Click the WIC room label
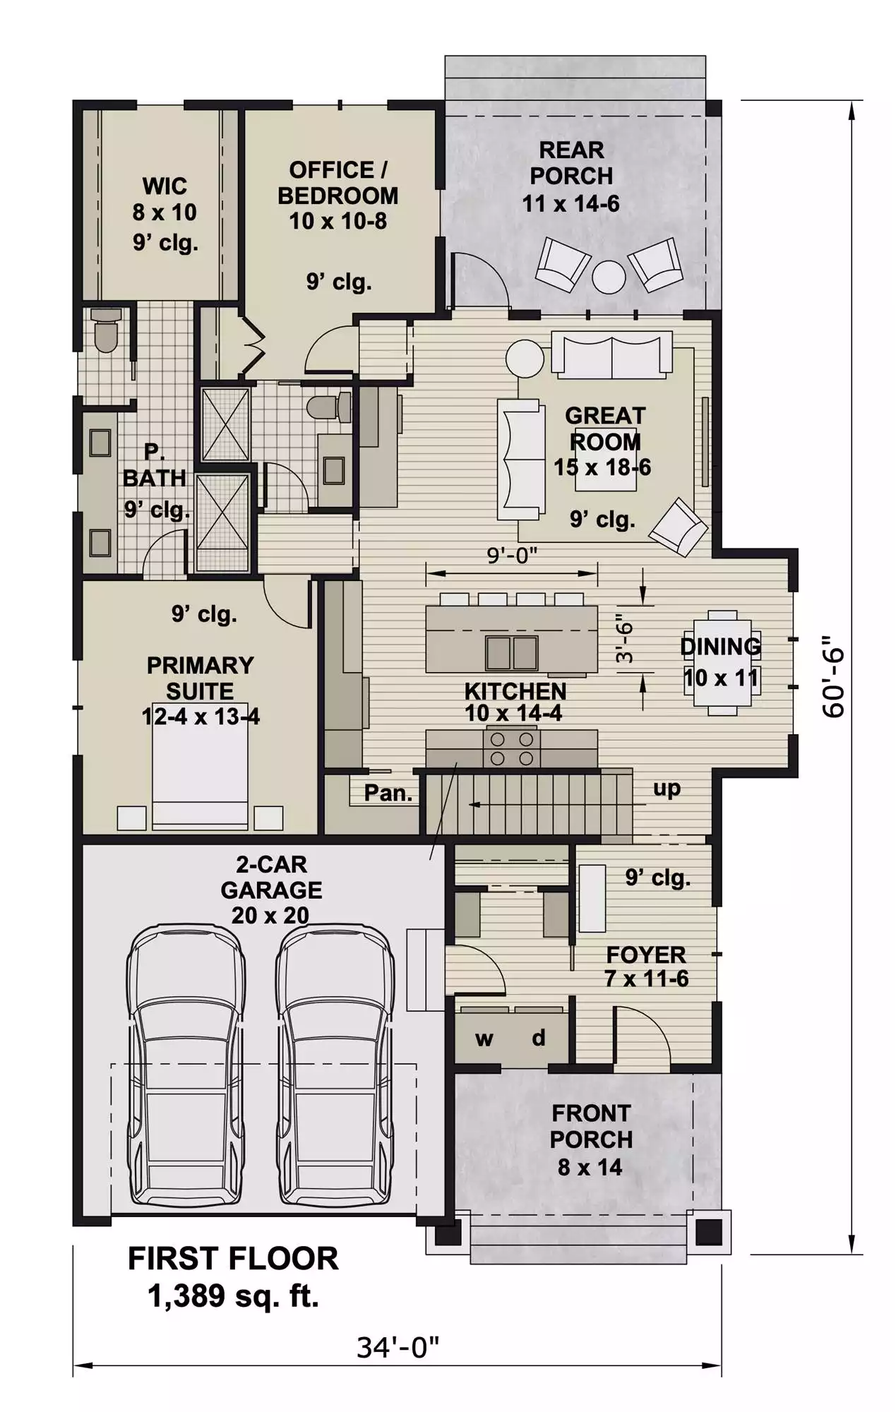165,186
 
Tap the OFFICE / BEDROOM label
338,183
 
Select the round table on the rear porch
609,277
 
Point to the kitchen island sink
512,652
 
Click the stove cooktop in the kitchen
512,748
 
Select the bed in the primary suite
201,766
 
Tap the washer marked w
484,1039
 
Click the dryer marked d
539,1037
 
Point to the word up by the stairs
667,788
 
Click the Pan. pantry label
388,793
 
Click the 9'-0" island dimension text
513,556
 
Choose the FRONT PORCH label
591,1126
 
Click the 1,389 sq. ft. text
233,1296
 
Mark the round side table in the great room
525,359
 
